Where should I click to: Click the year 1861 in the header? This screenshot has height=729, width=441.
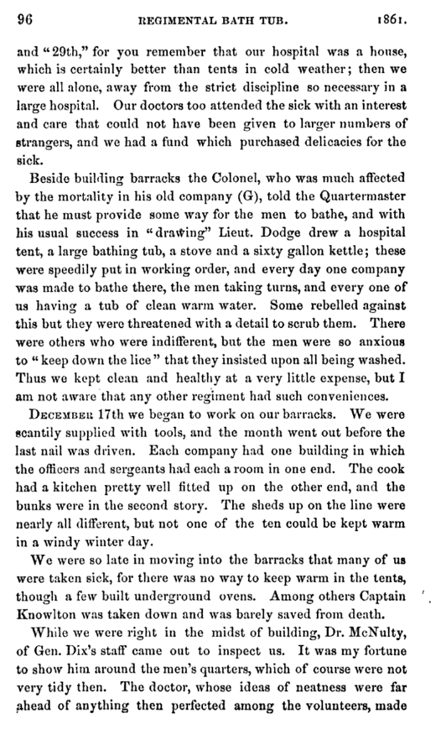pyautogui.click(x=406, y=14)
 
